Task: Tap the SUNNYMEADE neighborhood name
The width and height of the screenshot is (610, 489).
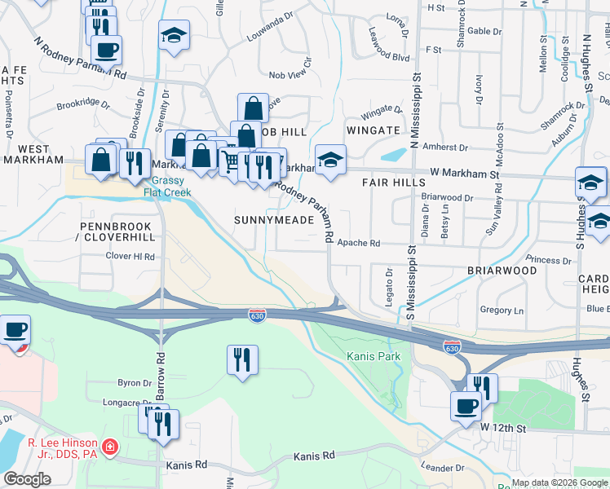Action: point(274,220)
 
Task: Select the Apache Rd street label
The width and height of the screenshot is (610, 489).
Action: point(359,243)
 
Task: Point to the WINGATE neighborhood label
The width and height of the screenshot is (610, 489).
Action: point(373,130)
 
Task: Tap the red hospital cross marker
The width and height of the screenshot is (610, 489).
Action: point(109,449)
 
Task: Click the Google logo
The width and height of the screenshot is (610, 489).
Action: point(27,478)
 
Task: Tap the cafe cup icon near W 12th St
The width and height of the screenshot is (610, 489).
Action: point(466,406)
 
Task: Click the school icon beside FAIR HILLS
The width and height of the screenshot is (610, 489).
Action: point(330,161)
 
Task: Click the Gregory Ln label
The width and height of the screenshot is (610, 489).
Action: point(502,310)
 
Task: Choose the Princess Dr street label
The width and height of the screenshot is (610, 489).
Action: point(549,260)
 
